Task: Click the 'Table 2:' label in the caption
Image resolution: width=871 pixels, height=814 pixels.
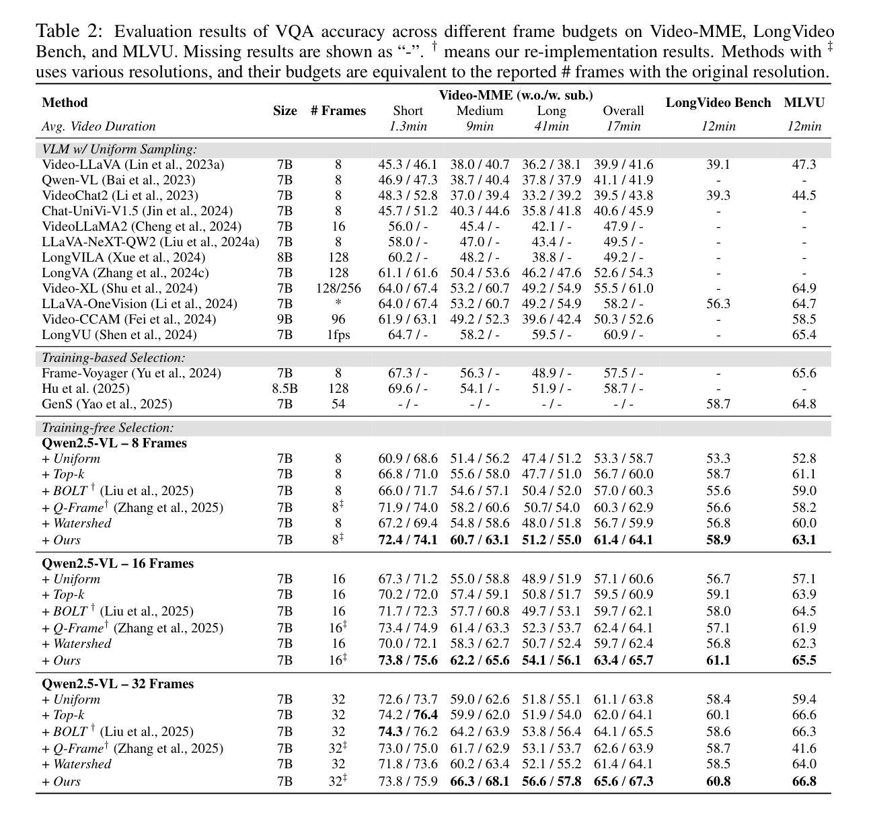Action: pyautogui.click(x=69, y=32)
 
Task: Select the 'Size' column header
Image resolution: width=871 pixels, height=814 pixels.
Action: pyautogui.click(x=285, y=111)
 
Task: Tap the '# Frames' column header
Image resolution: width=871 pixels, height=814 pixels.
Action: pyautogui.click(x=338, y=111)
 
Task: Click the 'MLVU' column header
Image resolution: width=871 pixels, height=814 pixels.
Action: pyautogui.click(x=804, y=103)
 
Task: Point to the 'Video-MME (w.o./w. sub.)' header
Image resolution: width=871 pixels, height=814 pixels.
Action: pyautogui.click(x=516, y=96)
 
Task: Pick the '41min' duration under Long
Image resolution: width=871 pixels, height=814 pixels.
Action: pyautogui.click(x=552, y=126)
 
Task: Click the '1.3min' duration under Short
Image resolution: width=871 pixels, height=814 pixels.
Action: pyautogui.click(x=408, y=126)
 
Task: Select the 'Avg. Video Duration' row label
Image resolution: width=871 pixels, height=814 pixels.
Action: pyautogui.click(x=98, y=126)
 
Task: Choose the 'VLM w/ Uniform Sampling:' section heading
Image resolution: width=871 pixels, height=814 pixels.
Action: pyautogui.click(x=119, y=149)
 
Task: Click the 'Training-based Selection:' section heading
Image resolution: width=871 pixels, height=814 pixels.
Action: pyautogui.click(x=113, y=358)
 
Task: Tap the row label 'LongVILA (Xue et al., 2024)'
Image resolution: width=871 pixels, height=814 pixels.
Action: pyautogui.click(x=124, y=257)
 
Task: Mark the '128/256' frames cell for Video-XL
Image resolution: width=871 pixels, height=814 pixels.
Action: pyautogui.click(x=338, y=288)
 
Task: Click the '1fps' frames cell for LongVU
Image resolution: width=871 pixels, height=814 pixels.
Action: pyautogui.click(x=338, y=334)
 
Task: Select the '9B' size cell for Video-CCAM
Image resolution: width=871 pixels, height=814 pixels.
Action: pyautogui.click(x=285, y=319)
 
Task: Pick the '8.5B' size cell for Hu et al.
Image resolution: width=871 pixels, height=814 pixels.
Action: pyautogui.click(x=285, y=388)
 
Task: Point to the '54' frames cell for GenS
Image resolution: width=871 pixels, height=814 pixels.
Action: pyautogui.click(x=338, y=404)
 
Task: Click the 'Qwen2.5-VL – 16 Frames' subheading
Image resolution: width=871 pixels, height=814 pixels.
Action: pyautogui.click(x=117, y=563)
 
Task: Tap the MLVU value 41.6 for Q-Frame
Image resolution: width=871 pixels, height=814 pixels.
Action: pyautogui.click(x=804, y=748)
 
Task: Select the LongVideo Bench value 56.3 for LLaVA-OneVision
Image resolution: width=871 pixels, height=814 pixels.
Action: pyautogui.click(x=718, y=303)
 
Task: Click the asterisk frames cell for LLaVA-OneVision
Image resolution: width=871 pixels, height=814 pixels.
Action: pyautogui.click(x=338, y=304)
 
